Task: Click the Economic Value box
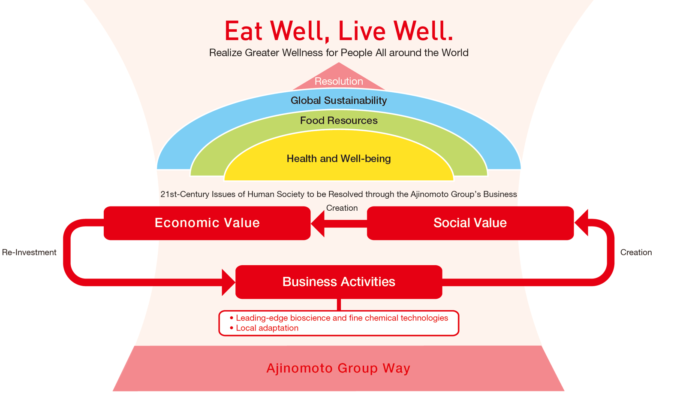[x=207, y=223]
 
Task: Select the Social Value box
[x=470, y=223]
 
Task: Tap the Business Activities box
[x=339, y=282]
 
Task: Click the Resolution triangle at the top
[x=339, y=79]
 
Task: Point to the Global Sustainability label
[x=339, y=100]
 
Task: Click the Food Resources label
[x=339, y=121]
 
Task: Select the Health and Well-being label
[x=339, y=158]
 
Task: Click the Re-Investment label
[x=29, y=252]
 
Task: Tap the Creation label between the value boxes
[x=342, y=208]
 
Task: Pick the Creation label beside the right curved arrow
[x=636, y=252]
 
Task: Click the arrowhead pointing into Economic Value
[x=318, y=223]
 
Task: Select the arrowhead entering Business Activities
[x=229, y=282]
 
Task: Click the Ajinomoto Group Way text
[x=338, y=368]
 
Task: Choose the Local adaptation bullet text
[x=267, y=328]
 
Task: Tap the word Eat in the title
[x=244, y=31]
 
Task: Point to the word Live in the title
[x=362, y=31]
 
